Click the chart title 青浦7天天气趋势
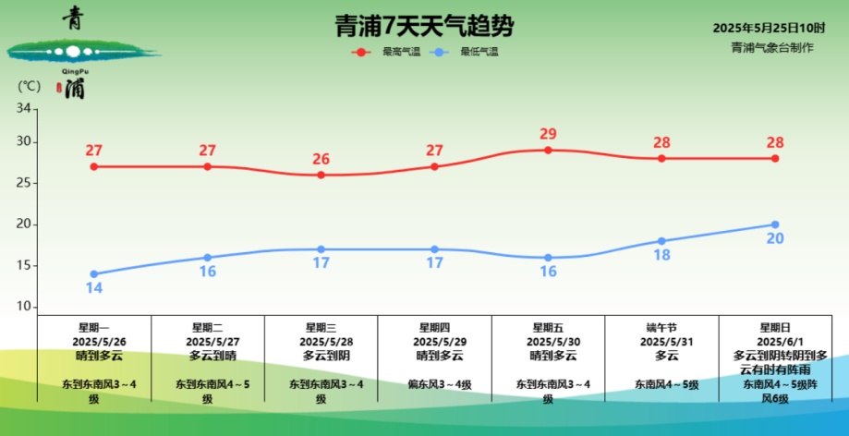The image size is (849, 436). click(x=424, y=25)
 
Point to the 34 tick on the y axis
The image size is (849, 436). click(x=25, y=109)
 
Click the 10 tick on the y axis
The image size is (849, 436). click(x=25, y=307)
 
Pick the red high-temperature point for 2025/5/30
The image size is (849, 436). click(x=548, y=150)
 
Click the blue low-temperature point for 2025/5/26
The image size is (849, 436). click(x=94, y=273)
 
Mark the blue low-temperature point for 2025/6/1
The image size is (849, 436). click(x=775, y=224)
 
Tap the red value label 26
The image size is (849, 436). click(x=321, y=159)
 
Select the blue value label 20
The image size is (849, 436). click(x=775, y=239)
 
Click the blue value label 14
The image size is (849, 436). click(x=94, y=288)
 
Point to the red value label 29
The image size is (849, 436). click(x=548, y=134)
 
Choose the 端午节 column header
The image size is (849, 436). click(x=661, y=327)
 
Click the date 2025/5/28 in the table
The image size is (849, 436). click(x=321, y=341)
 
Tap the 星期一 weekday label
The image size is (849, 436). click(x=94, y=327)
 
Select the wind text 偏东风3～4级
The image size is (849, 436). click(x=434, y=383)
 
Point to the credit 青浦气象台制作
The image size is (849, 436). click(x=773, y=47)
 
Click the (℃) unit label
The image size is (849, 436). click(x=29, y=86)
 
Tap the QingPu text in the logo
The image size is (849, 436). click(x=74, y=70)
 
